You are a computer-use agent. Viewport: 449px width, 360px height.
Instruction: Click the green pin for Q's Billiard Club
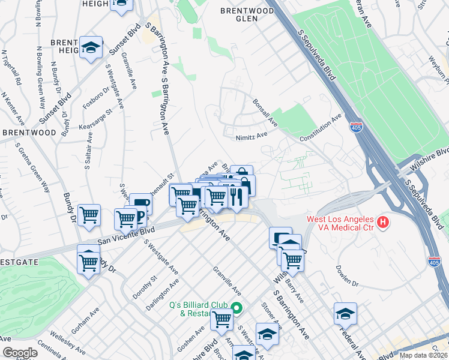(237, 309)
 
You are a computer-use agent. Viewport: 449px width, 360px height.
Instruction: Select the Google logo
(20, 353)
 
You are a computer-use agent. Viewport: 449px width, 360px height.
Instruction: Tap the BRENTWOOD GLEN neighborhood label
(247, 14)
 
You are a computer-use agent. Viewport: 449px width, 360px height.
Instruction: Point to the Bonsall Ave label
(265, 113)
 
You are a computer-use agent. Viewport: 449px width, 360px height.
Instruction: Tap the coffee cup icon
(140, 204)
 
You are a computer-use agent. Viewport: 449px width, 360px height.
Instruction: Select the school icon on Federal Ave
(345, 313)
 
